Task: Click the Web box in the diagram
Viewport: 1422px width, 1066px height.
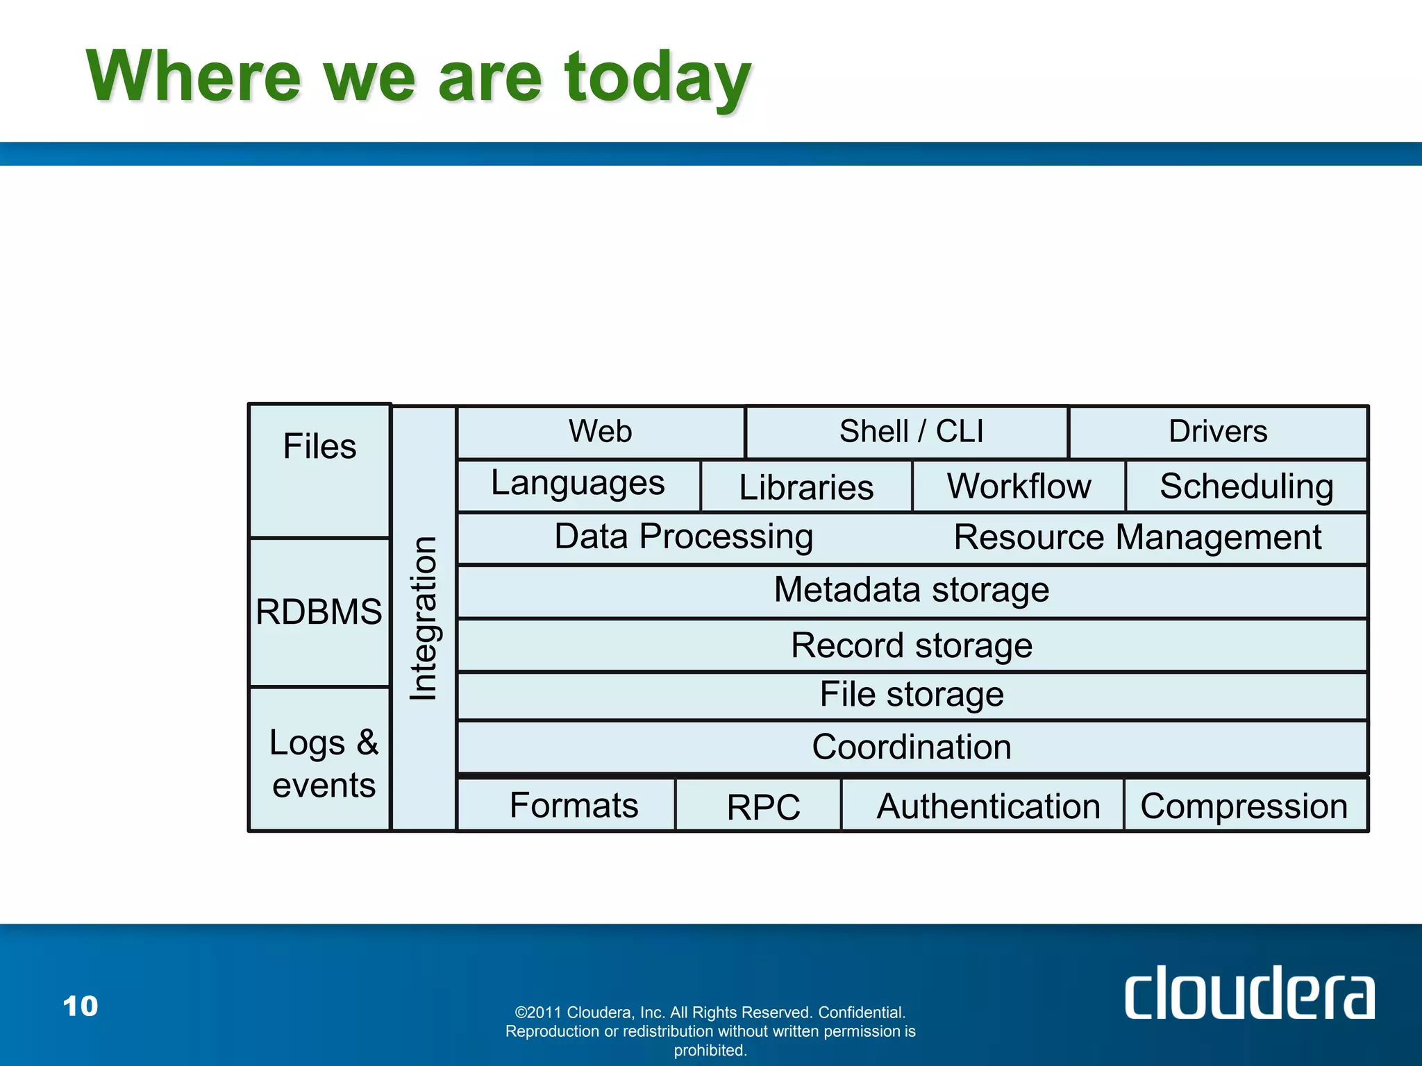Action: (601, 432)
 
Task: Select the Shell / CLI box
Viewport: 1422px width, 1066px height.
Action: (910, 432)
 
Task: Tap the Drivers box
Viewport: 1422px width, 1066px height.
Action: (1218, 432)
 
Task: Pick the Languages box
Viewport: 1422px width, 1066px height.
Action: (578, 484)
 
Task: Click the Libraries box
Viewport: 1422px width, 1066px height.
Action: (806, 487)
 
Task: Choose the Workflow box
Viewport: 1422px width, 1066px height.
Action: (1019, 486)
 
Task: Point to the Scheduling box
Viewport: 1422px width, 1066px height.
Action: (1246, 486)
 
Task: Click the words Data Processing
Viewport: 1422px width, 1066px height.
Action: (684, 537)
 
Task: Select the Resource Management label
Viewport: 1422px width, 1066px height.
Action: (1137, 538)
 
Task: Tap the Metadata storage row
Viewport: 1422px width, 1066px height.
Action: (912, 591)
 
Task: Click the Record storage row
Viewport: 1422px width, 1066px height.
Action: (912, 646)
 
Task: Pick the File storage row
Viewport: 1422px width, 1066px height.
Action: (912, 695)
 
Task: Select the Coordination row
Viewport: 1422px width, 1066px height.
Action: (912, 747)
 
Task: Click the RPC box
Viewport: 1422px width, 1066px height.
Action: (763, 806)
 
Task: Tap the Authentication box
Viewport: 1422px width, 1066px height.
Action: (988, 806)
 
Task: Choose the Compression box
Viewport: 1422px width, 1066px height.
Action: (1244, 806)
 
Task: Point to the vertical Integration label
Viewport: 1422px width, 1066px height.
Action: (423, 618)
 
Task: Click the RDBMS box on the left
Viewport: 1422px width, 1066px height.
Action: (319, 612)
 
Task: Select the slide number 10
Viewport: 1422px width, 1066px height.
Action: (81, 1006)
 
